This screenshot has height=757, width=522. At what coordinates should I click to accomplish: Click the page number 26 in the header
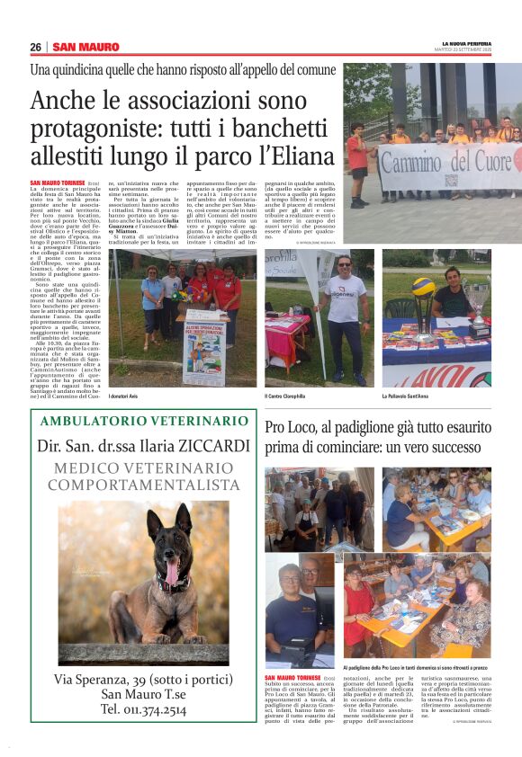click(36, 48)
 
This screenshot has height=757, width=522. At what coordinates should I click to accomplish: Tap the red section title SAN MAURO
click(85, 48)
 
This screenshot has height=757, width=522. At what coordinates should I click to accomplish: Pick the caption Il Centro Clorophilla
click(288, 396)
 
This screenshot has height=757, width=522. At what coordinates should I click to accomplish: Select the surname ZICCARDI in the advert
click(216, 447)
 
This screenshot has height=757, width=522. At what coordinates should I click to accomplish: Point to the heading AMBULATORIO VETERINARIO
click(144, 422)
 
